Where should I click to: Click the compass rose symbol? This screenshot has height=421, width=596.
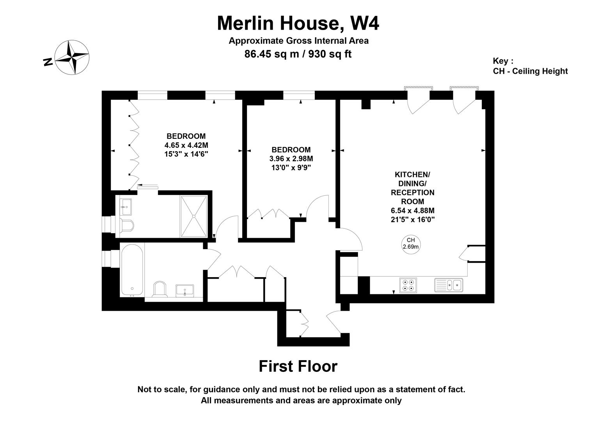click(72, 57)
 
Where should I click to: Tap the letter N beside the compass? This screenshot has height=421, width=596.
click(48, 62)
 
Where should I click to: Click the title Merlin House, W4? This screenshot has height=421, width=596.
click(298, 23)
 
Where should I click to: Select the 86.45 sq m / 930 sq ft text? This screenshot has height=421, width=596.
click(298, 54)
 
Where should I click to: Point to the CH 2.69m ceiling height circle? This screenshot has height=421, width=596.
click(411, 244)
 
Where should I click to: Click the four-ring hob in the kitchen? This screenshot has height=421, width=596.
click(408, 285)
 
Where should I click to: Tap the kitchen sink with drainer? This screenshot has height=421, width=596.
click(449, 285)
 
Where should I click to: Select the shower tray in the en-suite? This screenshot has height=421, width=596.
click(193, 216)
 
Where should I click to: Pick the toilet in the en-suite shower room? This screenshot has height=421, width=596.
click(127, 226)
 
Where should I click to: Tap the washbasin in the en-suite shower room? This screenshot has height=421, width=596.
click(125, 206)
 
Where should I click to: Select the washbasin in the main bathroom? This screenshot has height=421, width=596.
click(184, 290)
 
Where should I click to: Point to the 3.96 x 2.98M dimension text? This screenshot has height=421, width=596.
click(291, 159)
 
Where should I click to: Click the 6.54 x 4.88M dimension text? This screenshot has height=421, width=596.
click(413, 210)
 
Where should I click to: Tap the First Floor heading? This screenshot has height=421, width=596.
click(298, 366)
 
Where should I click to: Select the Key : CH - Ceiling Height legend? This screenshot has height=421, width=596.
click(530, 66)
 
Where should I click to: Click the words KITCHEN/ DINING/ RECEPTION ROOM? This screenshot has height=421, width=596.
click(413, 188)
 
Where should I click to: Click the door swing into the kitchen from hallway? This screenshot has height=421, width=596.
click(351, 239)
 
